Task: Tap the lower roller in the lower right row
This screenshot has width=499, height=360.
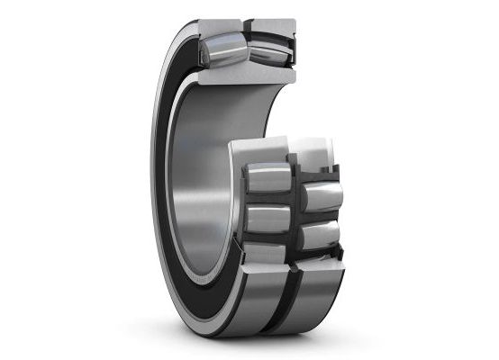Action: coord(320,235)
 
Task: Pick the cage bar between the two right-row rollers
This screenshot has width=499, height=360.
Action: coord(320,217)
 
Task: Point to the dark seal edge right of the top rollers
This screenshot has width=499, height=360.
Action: coord(293,54)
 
